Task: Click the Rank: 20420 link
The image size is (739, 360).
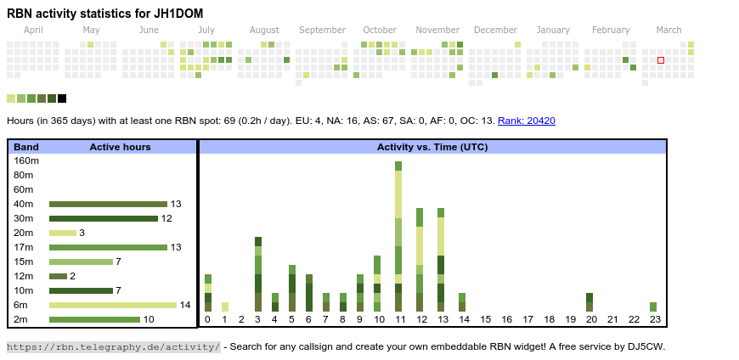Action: (526, 121)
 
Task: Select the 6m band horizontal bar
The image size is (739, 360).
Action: (113, 305)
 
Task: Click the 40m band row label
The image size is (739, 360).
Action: (24, 204)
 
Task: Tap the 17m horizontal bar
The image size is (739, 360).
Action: (108, 247)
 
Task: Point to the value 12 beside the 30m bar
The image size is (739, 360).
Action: (167, 218)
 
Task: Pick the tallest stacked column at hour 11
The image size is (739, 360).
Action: (398, 237)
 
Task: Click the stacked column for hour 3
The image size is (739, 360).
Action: (258, 274)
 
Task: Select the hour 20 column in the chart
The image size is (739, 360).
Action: (590, 302)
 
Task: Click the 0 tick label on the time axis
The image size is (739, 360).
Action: (207, 320)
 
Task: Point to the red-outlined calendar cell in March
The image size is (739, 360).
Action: (661, 60)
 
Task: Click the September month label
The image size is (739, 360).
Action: (322, 31)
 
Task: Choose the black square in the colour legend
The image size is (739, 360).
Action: (62, 98)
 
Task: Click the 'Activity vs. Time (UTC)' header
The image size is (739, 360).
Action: (432, 147)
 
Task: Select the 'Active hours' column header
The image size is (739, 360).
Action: (120, 147)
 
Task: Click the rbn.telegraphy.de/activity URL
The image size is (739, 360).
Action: (114, 346)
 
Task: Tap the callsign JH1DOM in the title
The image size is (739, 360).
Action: (179, 14)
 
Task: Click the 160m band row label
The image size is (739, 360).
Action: (27, 160)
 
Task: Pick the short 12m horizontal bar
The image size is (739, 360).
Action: (58, 276)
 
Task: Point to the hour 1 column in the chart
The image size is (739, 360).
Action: (225, 307)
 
